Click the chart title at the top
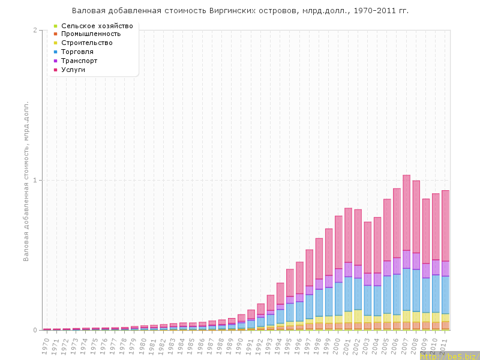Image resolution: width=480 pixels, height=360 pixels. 240,11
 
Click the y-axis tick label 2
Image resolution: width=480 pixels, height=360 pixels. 35,31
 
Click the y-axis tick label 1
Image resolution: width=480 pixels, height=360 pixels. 35,181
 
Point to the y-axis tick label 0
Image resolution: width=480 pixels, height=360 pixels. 35,330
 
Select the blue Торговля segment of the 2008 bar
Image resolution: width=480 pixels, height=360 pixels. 416,282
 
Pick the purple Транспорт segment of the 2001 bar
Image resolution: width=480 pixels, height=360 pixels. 349,269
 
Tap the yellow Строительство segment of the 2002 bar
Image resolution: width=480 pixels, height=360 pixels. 358,316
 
